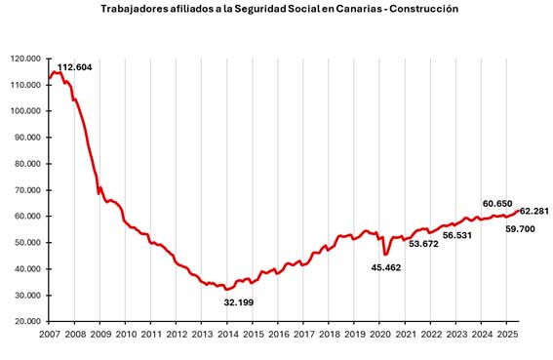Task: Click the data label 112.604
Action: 74,67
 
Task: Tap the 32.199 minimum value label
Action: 239,302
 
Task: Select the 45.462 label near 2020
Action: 386,267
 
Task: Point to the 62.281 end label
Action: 534,211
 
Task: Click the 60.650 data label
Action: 497,203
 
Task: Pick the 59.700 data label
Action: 520,229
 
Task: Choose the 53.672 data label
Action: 423,244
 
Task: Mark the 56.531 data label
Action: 457,235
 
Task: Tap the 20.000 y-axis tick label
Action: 29,321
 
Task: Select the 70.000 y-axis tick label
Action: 29,190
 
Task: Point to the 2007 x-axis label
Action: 50,335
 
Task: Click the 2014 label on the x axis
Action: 227,335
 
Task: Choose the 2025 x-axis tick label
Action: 506,335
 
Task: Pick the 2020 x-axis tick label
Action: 379,335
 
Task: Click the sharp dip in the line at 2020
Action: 385,254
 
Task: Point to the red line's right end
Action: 519,211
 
